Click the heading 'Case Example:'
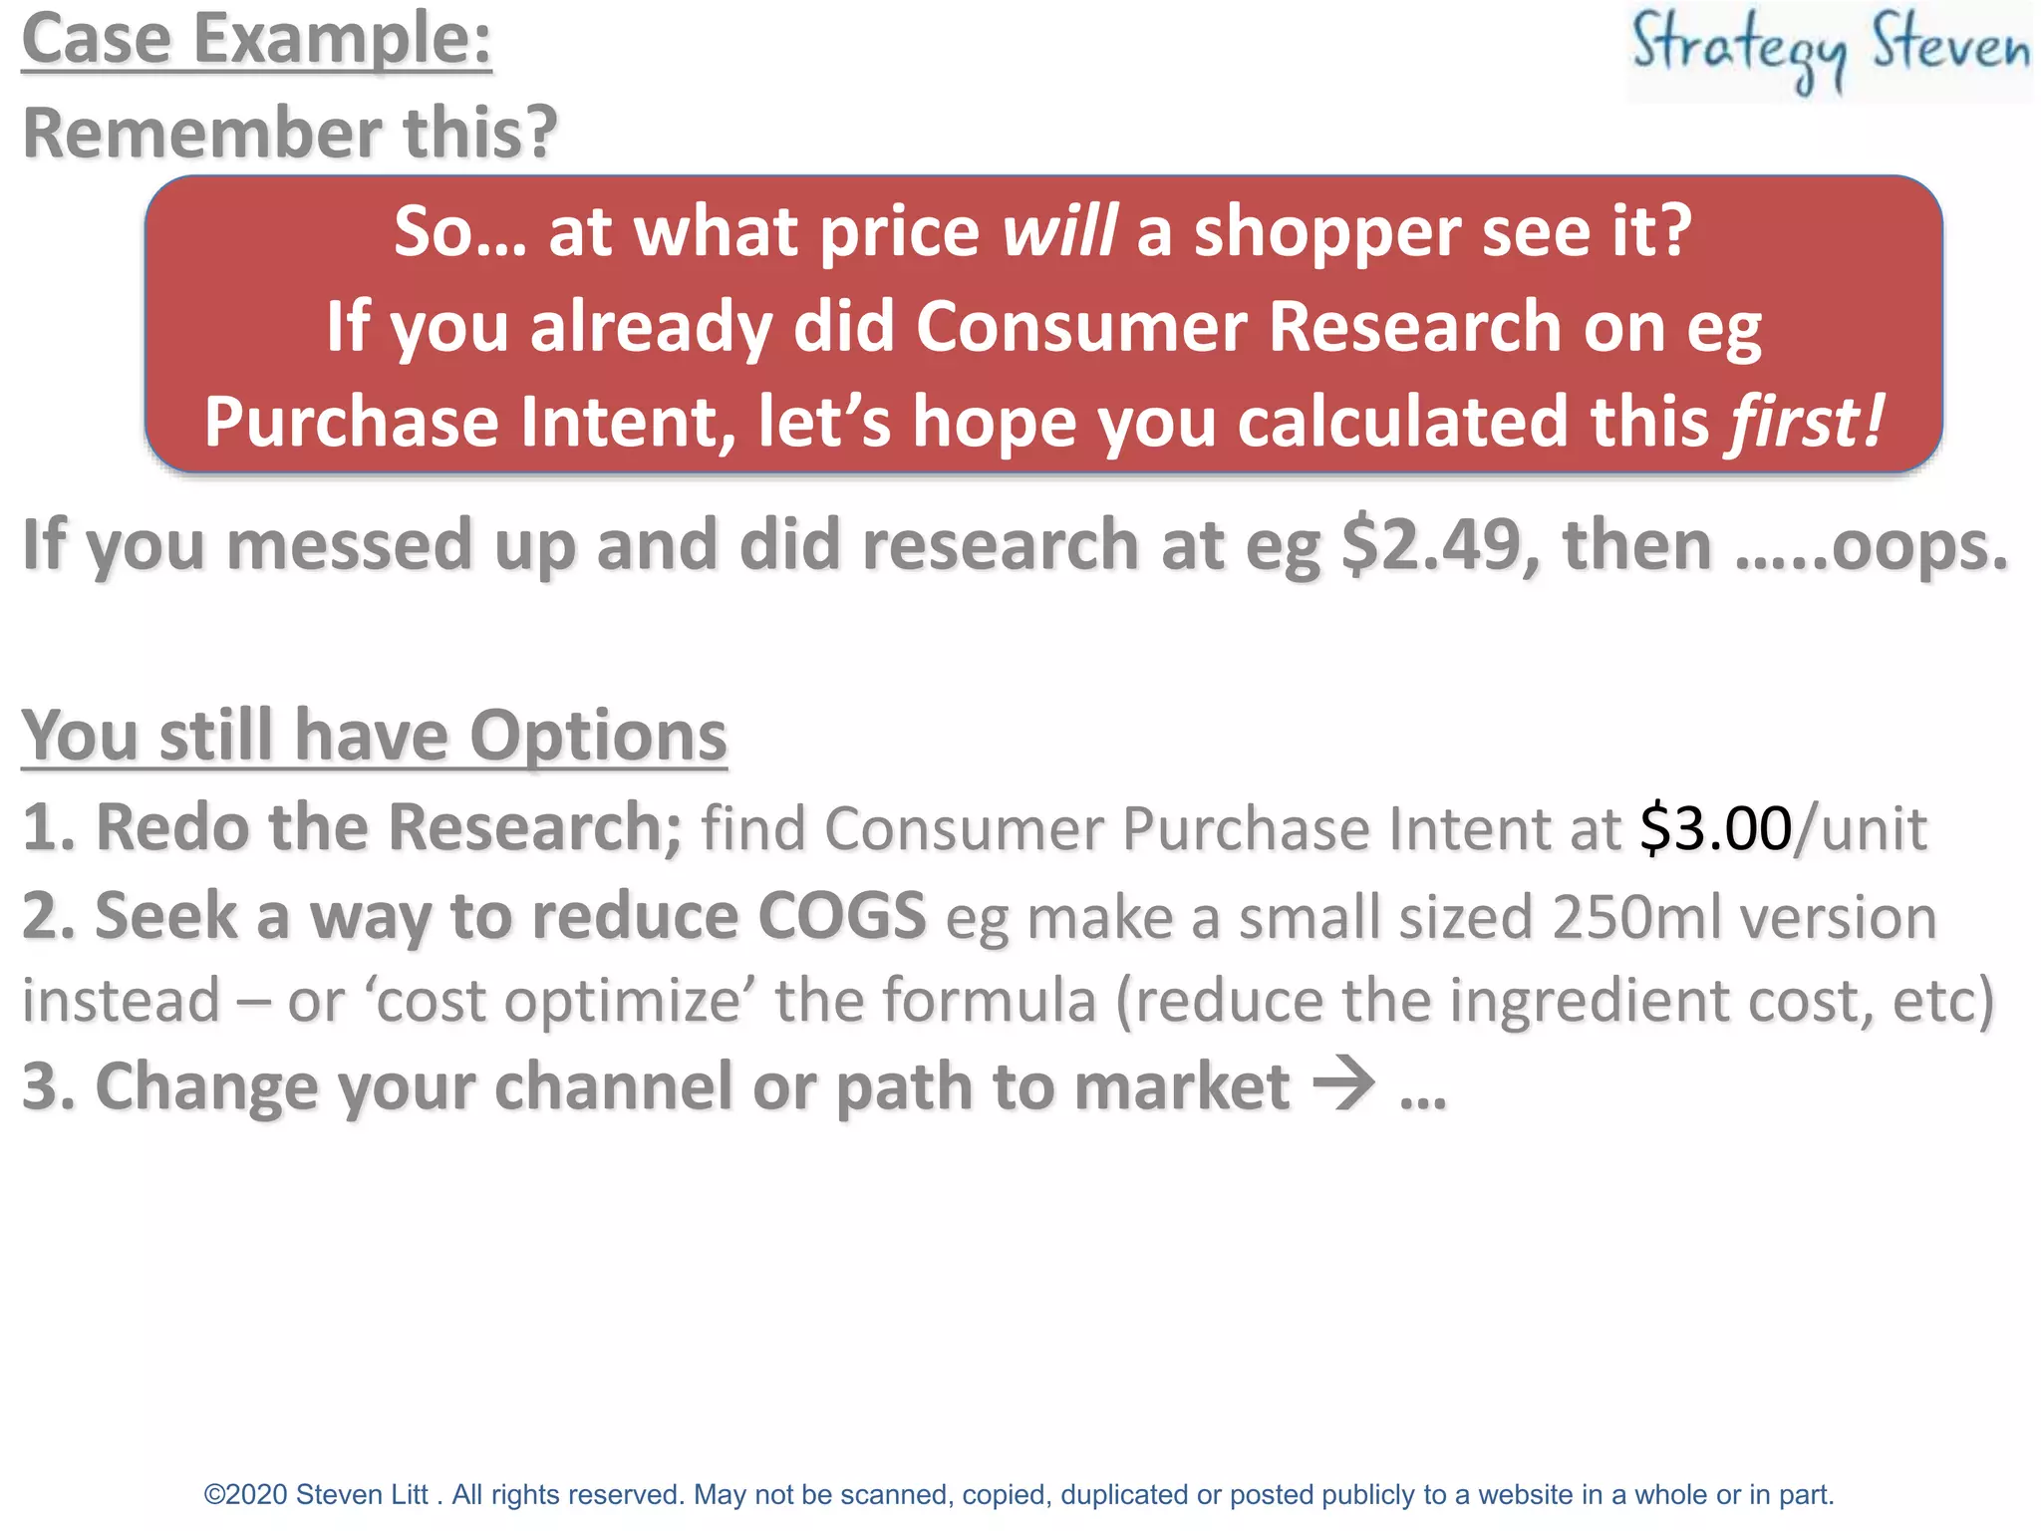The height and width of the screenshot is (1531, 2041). pyautogui.click(x=256, y=40)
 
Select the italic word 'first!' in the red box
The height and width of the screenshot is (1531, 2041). pyautogui.click(x=1806, y=421)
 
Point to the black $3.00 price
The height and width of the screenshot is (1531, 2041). pyautogui.click(x=1715, y=828)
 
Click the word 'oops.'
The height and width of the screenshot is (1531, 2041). pyautogui.click(x=1919, y=545)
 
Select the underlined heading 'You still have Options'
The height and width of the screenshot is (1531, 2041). pyautogui.click(x=374, y=736)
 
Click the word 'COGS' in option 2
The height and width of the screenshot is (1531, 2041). pyautogui.click(x=842, y=915)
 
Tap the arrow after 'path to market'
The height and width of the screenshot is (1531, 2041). pyautogui.click(x=1343, y=1083)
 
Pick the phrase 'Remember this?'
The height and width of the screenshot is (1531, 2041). pyautogui.click(x=289, y=133)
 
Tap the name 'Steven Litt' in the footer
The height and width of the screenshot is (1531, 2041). pyautogui.click(x=362, y=1494)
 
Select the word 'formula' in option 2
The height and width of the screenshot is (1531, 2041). pyautogui.click(x=989, y=1000)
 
